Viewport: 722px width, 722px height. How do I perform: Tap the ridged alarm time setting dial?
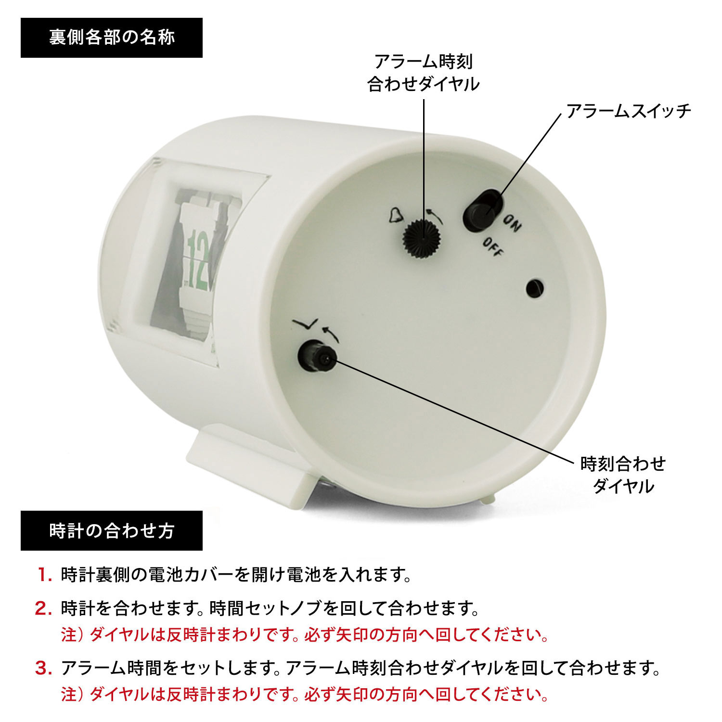tap(422, 237)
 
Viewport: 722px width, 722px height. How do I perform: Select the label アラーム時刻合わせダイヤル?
tap(423, 73)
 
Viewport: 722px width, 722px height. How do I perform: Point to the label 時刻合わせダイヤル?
tap(623, 475)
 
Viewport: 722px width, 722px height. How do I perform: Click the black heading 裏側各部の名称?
tap(112, 38)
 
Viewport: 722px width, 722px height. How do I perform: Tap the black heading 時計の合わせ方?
tap(112, 530)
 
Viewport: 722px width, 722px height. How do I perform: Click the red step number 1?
tap(45, 575)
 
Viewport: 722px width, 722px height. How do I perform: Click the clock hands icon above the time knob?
tap(305, 325)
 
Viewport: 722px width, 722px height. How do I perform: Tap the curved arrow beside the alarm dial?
tap(434, 215)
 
